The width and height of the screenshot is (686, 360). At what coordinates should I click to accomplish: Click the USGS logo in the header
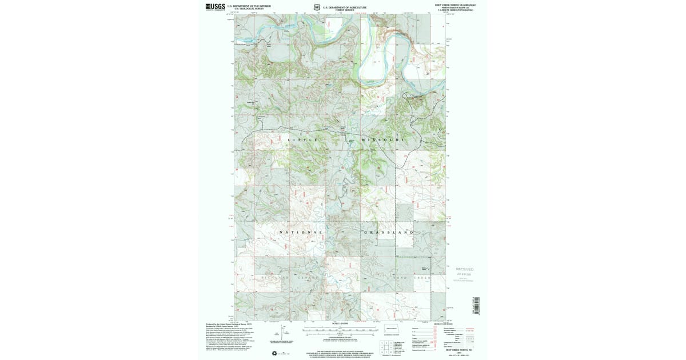pos(215,7)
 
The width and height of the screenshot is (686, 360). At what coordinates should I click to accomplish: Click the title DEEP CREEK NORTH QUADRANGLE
pos(455,5)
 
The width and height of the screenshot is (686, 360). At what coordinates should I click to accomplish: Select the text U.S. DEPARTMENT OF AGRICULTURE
pos(346,7)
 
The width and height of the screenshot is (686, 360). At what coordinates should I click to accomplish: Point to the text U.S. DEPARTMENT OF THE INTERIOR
pos(249,6)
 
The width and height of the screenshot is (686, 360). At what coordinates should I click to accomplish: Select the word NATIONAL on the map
pos(301,233)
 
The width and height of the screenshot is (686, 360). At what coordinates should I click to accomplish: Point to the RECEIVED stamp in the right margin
pos(464,269)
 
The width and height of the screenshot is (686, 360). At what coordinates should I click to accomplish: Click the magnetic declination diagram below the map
pos(284,333)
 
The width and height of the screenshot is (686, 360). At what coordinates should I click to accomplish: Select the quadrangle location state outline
pos(390,330)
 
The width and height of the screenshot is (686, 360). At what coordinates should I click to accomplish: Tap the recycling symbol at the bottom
pos(275,353)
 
